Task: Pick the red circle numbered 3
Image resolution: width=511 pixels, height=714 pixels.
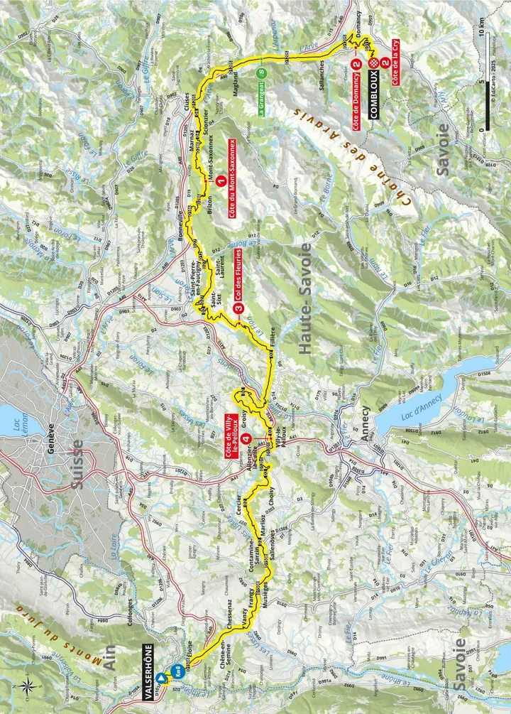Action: (238, 308)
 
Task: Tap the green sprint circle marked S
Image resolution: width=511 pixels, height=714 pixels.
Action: (262, 72)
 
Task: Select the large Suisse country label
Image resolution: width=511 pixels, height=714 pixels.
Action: (78, 466)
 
